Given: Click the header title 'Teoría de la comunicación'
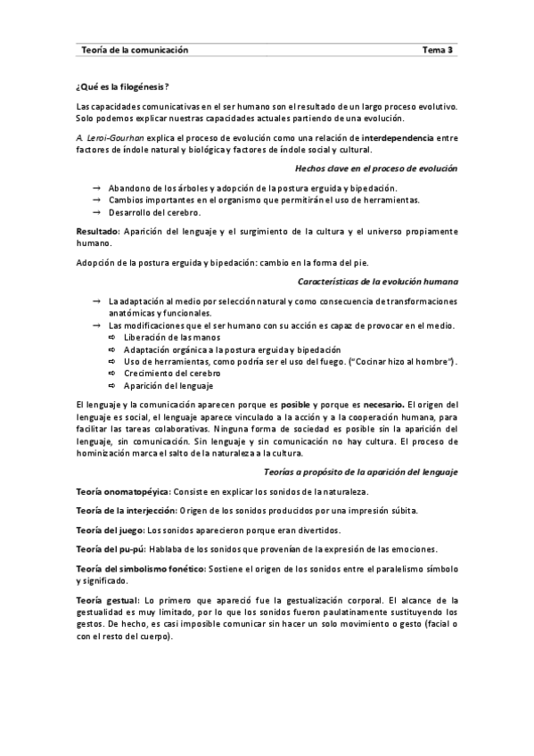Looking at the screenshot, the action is pyautogui.click(x=134, y=51).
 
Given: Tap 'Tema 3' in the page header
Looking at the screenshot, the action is pyautogui.click(x=439, y=51).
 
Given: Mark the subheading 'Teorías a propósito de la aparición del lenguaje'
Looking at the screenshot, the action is pyautogui.click(x=361, y=471).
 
